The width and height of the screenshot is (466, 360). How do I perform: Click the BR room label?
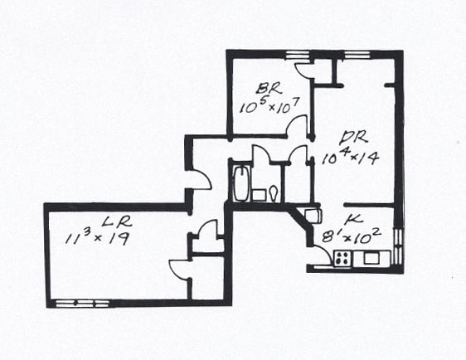[269, 89]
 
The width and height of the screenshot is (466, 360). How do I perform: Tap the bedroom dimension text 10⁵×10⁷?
[269, 106]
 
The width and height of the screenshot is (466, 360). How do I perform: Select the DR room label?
[355, 139]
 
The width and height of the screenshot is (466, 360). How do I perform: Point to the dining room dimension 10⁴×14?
[350, 157]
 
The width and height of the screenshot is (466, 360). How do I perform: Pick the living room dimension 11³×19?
[97, 238]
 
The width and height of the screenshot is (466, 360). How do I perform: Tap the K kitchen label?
[354, 220]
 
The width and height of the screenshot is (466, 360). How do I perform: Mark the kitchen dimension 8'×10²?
[352, 236]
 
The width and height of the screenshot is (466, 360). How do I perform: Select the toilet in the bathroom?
[274, 193]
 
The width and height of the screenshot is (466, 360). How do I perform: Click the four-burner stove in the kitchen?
[342, 258]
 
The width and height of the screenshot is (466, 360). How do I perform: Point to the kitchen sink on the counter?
[371, 257]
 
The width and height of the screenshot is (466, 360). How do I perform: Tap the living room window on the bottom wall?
[83, 304]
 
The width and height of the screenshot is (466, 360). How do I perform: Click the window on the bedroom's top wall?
[297, 56]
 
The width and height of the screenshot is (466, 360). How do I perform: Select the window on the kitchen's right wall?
[399, 246]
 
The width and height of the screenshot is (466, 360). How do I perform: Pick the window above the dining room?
[357, 55]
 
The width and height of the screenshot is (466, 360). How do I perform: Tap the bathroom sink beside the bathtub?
[259, 195]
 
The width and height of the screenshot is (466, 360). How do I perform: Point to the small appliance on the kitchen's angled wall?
[313, 216]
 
